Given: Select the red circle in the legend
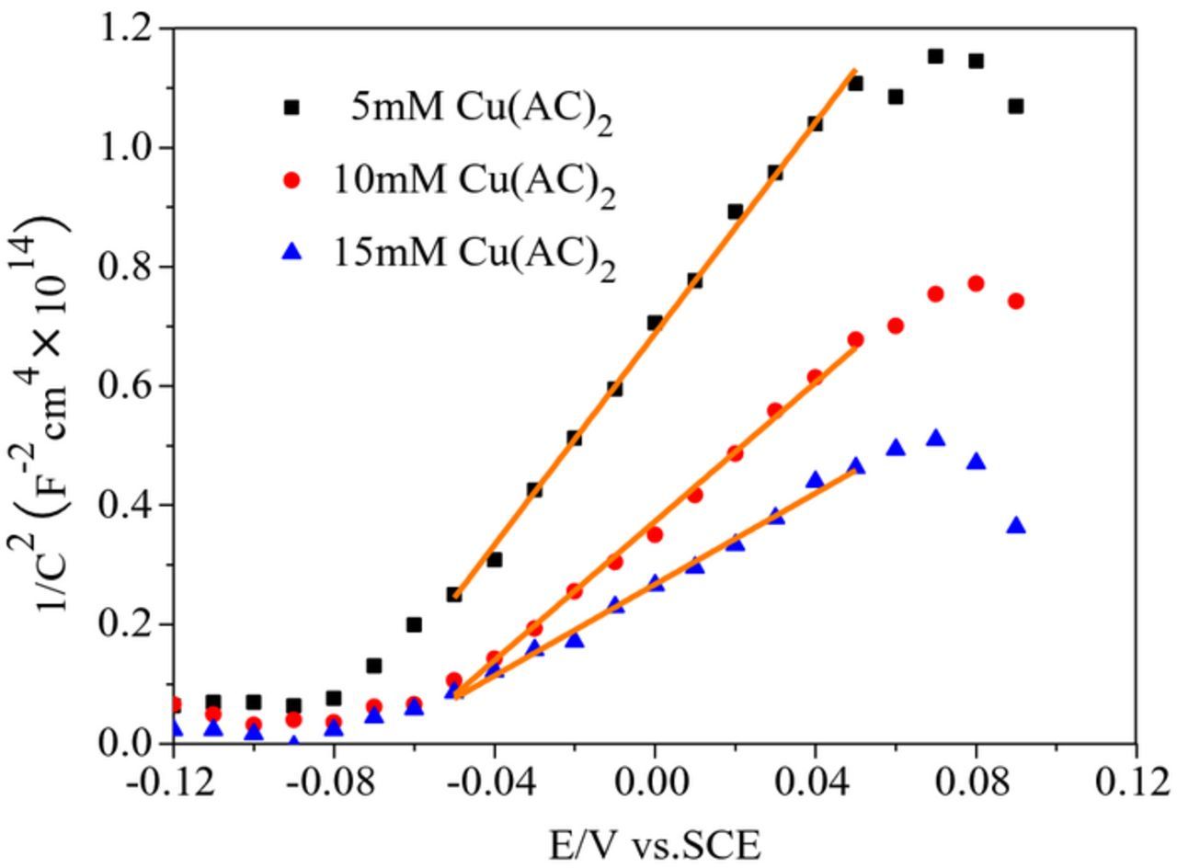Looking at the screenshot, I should [292, 180].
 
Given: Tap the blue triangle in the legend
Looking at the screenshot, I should [292, 250].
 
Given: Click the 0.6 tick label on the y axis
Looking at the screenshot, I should [128, 386].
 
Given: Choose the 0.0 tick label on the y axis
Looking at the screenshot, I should [128, 743].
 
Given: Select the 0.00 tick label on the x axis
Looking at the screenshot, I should [655, 784].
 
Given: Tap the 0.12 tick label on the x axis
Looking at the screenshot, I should [1135, 784].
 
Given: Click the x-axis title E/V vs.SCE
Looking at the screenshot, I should [655, 845].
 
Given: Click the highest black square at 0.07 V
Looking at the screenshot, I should [935, 56].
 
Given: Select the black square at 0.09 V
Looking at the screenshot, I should [1015, 107].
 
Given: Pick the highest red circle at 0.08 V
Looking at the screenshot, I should [976, 283].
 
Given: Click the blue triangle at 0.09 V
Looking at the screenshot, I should [1015, 526].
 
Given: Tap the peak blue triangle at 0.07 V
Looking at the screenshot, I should [935, 439].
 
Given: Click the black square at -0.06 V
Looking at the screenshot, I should [414, 625].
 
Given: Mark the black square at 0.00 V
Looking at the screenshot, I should [655, 323].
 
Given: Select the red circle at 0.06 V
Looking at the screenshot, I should [896, 325].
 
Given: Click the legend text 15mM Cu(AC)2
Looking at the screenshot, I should [474, 253].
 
